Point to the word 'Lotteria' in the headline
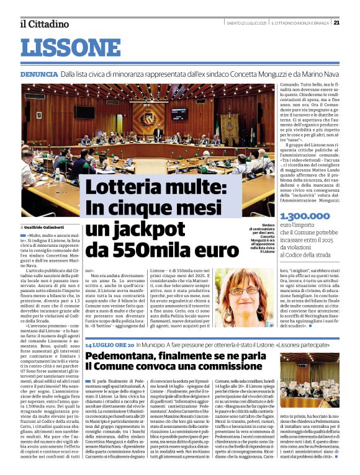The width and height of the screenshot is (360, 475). pos(121,187)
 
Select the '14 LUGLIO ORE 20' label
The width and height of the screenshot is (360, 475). pos(109,344)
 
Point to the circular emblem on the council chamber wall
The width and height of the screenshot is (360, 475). pos(148,119)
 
